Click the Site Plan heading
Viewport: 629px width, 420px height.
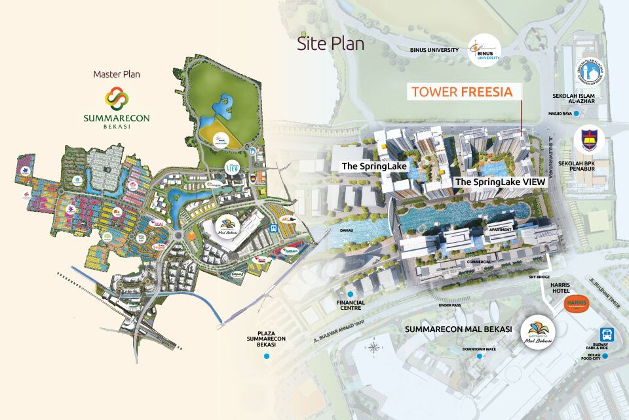coord(330,44)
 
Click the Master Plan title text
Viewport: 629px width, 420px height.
coord(117,74)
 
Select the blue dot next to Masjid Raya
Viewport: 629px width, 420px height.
coord(576,114)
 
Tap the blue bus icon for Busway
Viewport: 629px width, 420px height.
coord(607,334)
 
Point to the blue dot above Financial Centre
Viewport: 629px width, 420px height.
coord(352,293)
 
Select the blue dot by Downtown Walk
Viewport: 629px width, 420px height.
coord(480,356)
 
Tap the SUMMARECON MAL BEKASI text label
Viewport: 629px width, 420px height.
coord(456,327)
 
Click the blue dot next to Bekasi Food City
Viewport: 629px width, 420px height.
coord(607,356)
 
